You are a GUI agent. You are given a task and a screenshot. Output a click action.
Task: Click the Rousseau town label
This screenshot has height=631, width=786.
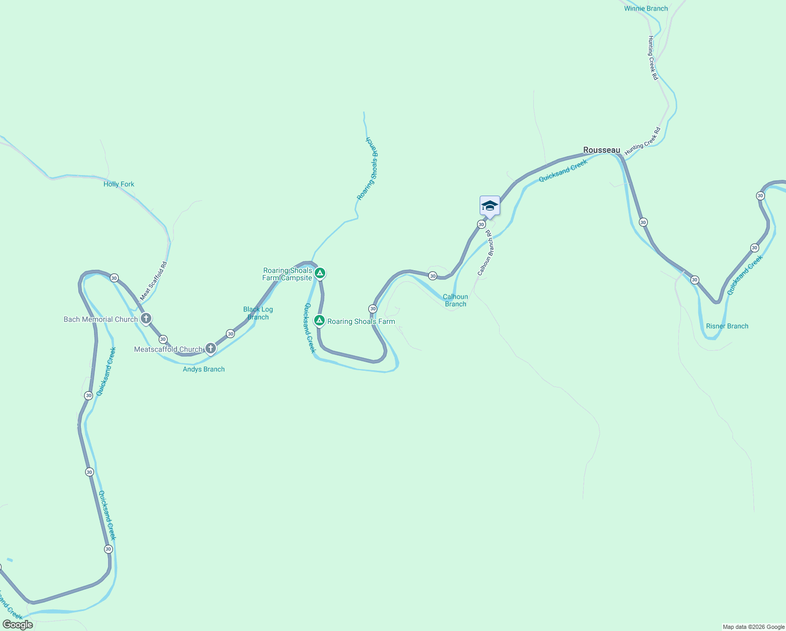[x=602, y=150]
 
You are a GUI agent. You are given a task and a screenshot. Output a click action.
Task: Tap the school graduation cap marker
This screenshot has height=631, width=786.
[x=490, y=206]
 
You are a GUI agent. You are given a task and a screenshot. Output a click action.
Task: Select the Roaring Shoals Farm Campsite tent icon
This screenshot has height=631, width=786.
[x=320, y=273]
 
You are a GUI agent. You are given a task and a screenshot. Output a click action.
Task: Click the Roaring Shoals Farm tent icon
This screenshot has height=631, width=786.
[x=319, y=320]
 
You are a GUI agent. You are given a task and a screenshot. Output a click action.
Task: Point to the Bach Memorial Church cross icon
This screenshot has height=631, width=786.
[x=146, y=318]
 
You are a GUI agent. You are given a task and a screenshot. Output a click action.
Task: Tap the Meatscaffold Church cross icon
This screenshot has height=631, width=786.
[x=211, y=348]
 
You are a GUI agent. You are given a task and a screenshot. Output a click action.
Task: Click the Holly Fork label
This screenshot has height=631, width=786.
[x=119, y=184]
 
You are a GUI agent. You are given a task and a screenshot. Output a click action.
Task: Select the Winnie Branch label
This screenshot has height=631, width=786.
[x=646, y=8]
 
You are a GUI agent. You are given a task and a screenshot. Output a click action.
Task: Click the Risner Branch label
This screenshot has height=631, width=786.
[x=727, y=326]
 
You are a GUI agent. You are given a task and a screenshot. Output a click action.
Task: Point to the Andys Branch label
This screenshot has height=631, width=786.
[x=204, y=369]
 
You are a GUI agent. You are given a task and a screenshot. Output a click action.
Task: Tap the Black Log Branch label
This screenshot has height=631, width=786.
[x=258, y=313]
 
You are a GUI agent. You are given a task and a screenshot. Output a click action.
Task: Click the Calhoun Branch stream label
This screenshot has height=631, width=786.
[x=456, y=300]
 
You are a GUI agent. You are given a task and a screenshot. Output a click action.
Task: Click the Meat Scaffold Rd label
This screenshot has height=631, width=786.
[x=153, y=281]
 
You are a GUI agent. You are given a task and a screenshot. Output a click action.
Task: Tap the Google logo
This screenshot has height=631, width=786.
[x=18, y=625]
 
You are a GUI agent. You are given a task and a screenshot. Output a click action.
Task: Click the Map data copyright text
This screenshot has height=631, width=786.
[x=753, y=627]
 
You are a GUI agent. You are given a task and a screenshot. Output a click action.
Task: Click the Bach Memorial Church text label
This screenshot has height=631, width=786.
[x=100, y=319]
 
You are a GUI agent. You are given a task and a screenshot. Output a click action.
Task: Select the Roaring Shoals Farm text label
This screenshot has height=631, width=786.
[x=361, y=321]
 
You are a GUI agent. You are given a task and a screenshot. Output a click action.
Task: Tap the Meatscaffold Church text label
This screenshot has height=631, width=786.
[x=168, y=349]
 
